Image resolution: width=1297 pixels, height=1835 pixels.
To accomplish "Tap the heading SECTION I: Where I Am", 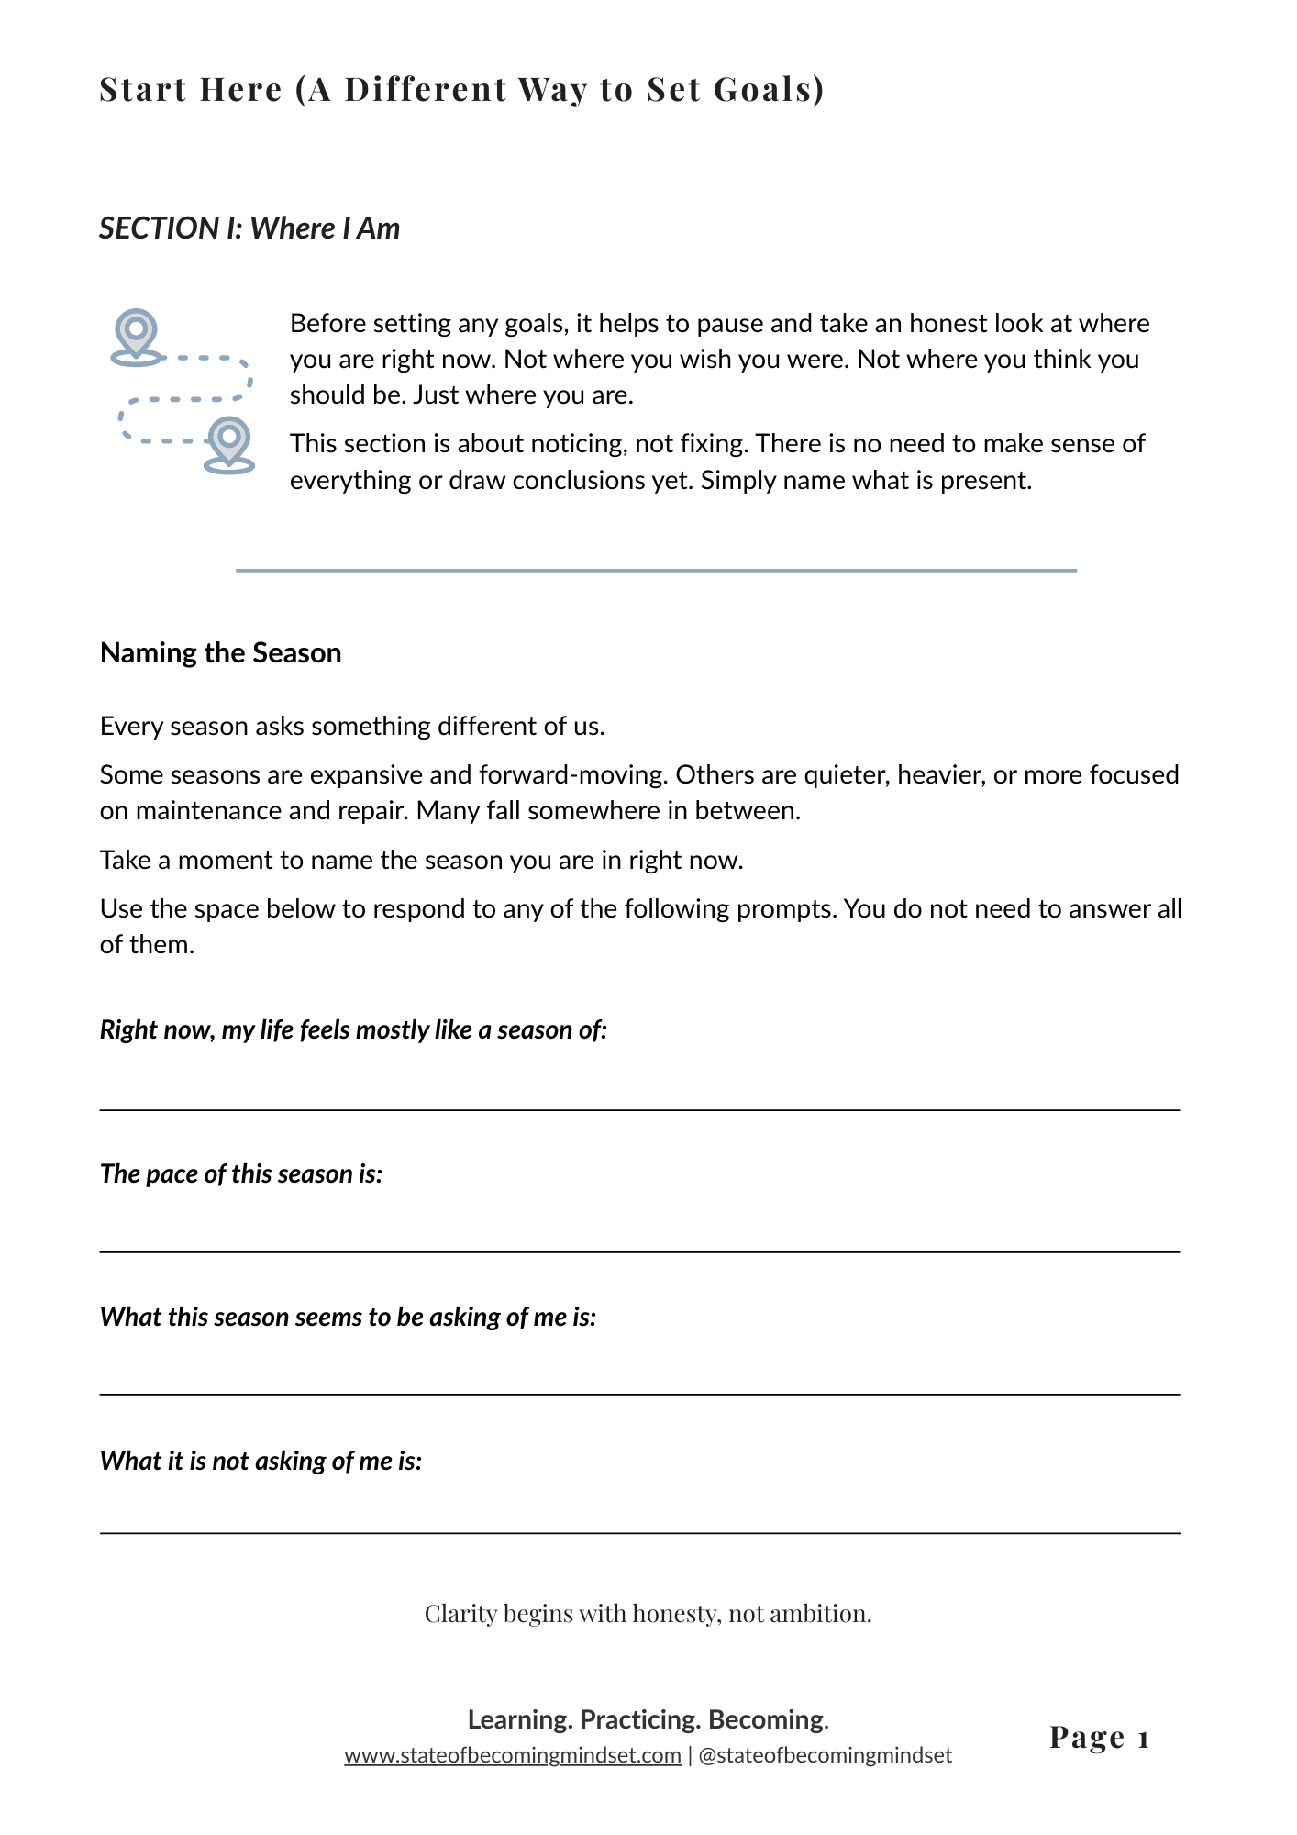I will pyautogui.click(x=249, y=228).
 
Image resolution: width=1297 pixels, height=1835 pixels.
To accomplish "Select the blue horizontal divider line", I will pyautogui.click(x=656, y=571).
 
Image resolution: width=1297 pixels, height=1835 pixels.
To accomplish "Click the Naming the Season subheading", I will pyautogui.click(x=220, y=652).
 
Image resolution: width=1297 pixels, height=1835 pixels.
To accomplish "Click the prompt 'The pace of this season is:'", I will pyautogui.click(x=240, y=1173).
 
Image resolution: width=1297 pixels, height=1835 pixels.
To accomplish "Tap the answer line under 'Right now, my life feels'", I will pyautogui.click(x=639, y=1109).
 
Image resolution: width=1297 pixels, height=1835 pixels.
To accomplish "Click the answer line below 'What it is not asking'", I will pyautogui.click(x=639, y=1532).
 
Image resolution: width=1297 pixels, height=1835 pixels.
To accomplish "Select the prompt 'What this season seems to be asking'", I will pyautogui.click(x=348, y=1317).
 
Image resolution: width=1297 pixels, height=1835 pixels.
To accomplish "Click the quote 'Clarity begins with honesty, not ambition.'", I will pyautogui.click(x=648, y=1613).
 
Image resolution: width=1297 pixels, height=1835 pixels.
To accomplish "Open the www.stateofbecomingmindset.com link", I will pyautogui.click(x=513, y=1755).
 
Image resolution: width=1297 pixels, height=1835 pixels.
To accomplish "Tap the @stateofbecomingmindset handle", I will pyautogui.click(x=825, y=1755).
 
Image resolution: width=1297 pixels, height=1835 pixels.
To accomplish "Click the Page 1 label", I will pyautogui.click(x=1099, y=1737).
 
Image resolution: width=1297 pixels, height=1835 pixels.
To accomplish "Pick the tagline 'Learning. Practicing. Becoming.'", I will pyautogui.click(x=648, y=1718).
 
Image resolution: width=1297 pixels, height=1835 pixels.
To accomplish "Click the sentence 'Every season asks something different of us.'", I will pyautogui.click(x=352, y=726).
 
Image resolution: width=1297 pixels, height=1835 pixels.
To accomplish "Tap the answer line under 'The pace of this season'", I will pyautogui.click(x=639, y=1251).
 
